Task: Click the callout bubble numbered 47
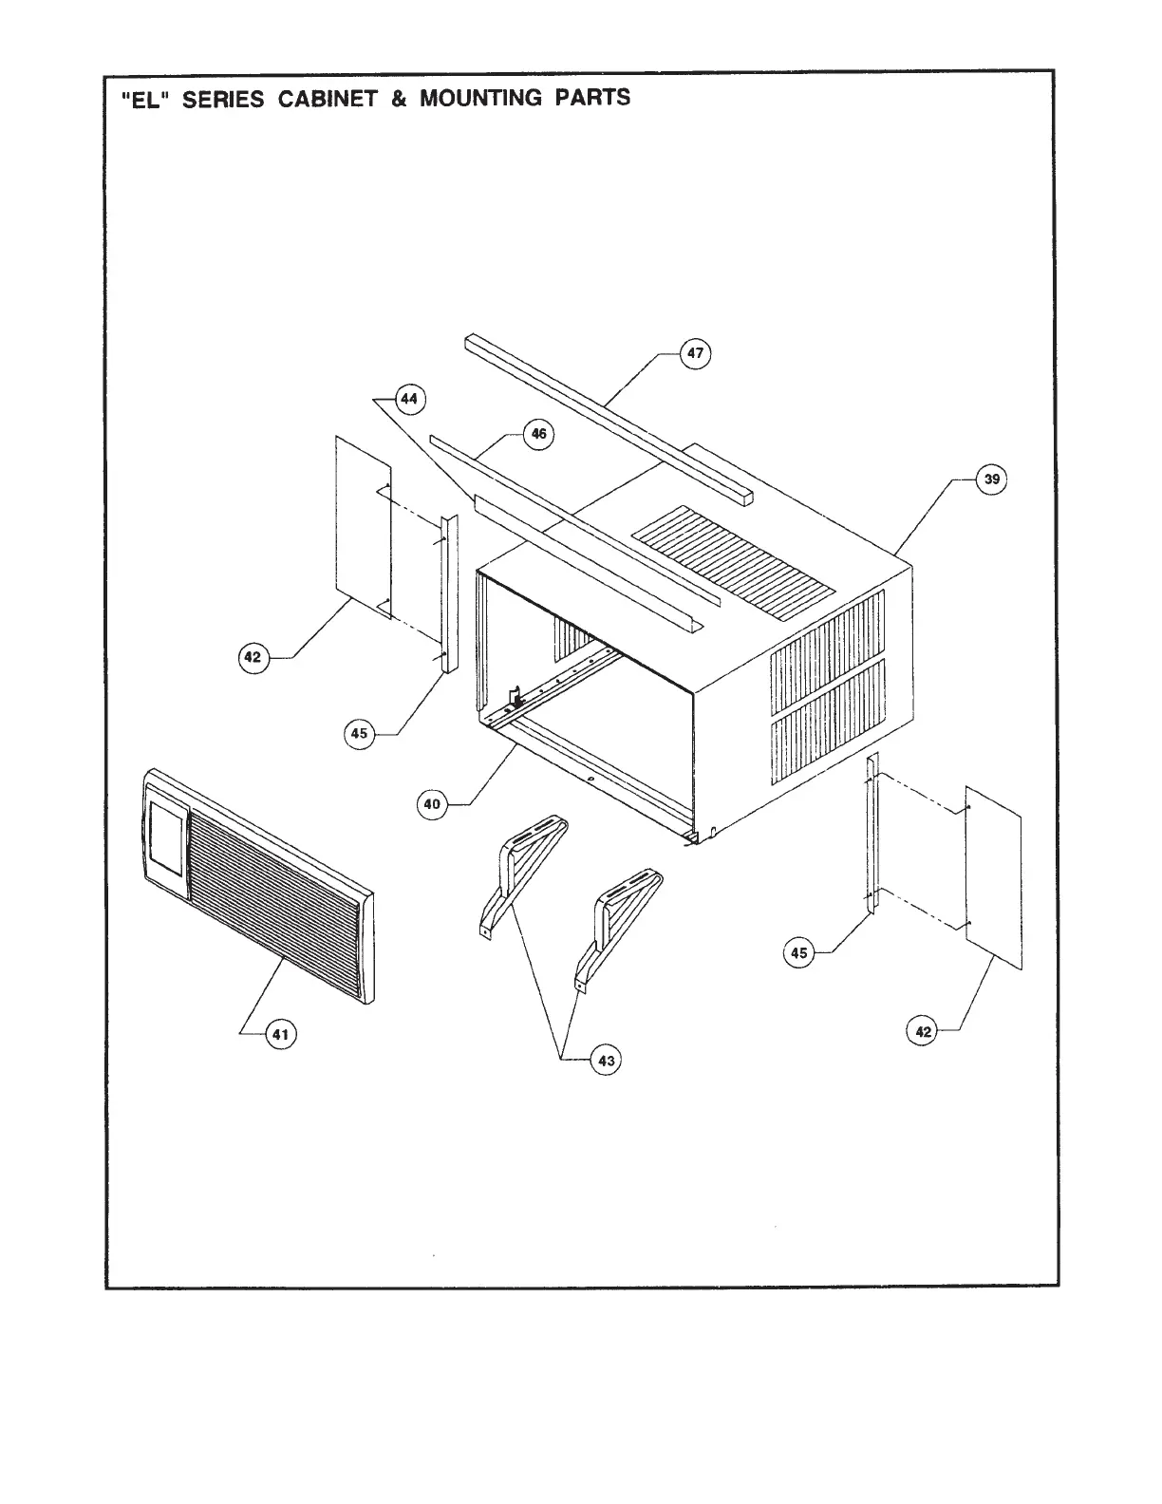[696, 353]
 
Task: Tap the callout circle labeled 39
[992, 479]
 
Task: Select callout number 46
[538, 434]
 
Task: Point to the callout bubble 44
[408, 399]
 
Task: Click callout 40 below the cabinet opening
[432, 804]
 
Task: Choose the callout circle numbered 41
[280, 1034]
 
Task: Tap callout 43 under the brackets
[606, 1060]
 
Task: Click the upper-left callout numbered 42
[253, 657]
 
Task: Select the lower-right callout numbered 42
[924, 1031]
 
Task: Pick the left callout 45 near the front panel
[359, 733]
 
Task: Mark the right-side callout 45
[799, 952]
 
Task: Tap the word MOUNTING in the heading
[481, 98]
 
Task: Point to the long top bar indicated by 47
[608, 418]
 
